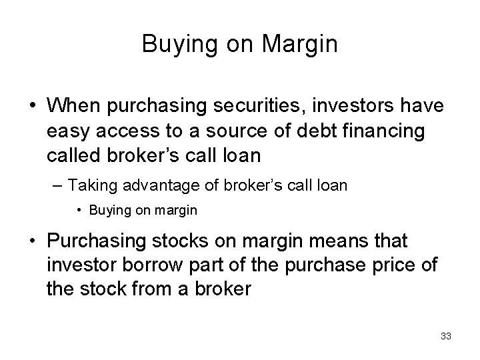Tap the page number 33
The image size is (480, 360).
coord(445,336)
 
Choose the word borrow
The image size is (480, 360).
coord(134,265)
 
